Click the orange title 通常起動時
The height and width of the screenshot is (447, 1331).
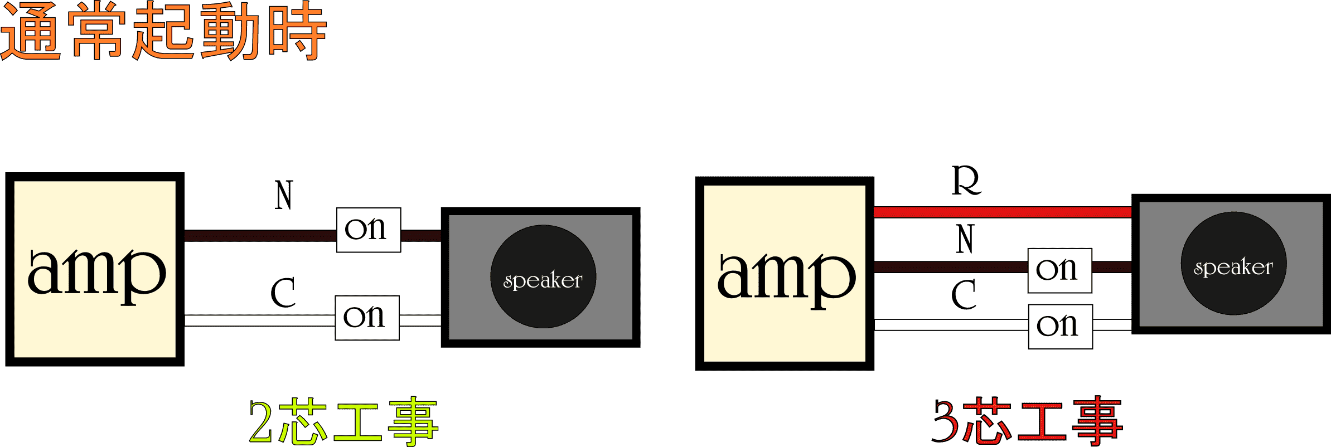coord(163,31)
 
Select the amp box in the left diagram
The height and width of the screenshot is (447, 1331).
coord(95,269)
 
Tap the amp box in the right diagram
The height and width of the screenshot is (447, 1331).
coord(785,273)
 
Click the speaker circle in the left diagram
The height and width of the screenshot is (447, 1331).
coord(543,276)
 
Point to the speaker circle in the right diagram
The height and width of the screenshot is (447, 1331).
coord(1233,264)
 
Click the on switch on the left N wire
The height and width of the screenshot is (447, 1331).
coord(369,230)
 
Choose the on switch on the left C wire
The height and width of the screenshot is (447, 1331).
coord(367,318)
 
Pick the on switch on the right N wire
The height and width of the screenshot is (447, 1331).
coord(1059,270)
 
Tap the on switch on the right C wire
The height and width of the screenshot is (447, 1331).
coord(1060,327)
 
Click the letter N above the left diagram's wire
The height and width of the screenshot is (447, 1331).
coord(284,195)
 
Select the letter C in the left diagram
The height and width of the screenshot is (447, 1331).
coord(283,293)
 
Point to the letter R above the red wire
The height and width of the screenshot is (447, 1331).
coord(966,181)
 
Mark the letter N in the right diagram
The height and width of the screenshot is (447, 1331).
coord(966,239)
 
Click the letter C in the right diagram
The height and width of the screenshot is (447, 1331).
coord(964,294)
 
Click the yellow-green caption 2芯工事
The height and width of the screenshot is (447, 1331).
coord(343,421)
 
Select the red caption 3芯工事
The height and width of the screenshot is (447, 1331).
coord(1027,421)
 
